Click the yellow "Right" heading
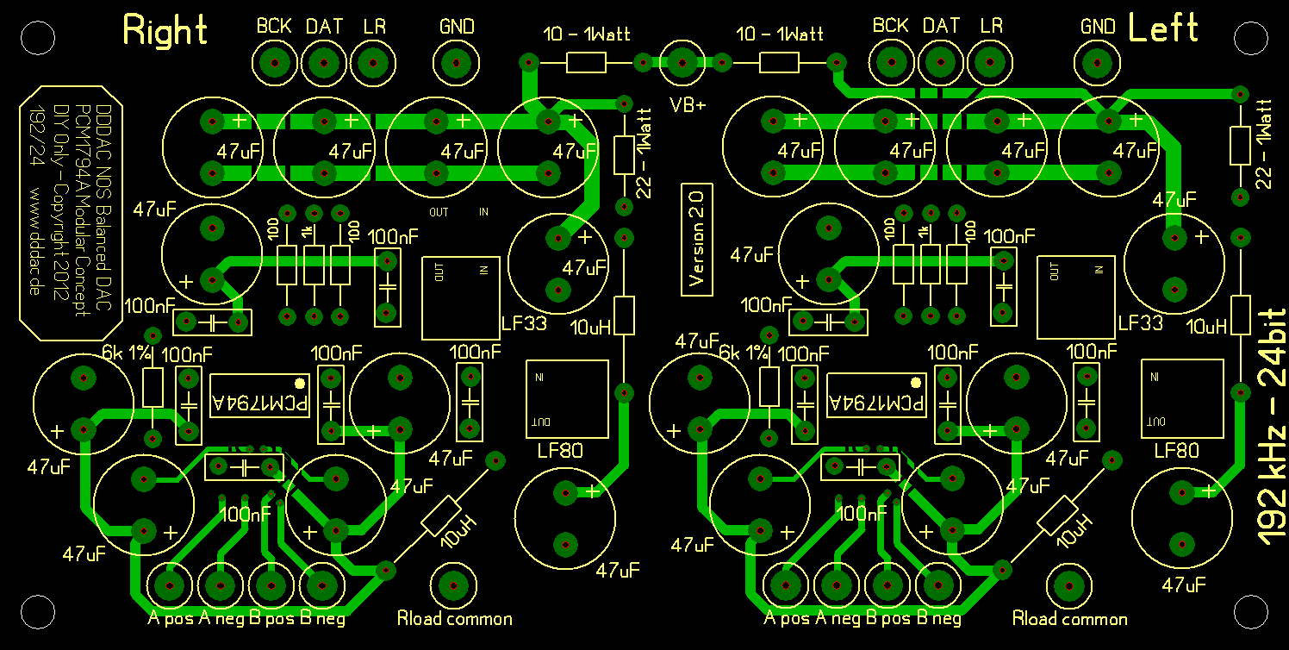[165, 30]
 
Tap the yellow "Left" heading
[1162, 28]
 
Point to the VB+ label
[688, 105]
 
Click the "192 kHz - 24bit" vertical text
[1272, 427]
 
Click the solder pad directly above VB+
[682, 62]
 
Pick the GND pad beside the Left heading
[1097, 62]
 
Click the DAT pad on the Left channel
[940, 62]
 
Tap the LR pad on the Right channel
[372, 62]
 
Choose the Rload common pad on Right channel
[453, 586]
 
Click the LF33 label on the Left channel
[1140, 323]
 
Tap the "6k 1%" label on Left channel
[740, 352]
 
